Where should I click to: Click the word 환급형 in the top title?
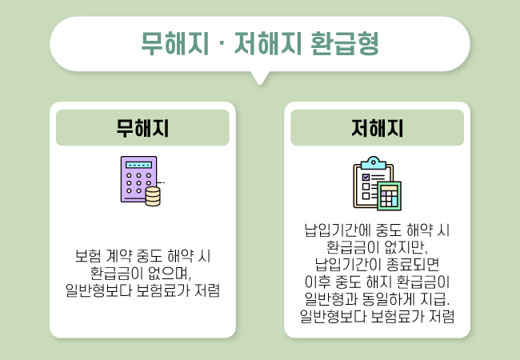345,43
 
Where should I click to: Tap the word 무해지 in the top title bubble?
174,43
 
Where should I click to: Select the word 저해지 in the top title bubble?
268,43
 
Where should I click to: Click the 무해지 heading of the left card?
142,128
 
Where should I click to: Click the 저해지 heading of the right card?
377,128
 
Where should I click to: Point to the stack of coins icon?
153,196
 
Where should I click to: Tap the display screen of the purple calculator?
139,165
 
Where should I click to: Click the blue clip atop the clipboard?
373,163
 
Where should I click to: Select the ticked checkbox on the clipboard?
366,178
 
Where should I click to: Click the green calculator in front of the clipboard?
389,196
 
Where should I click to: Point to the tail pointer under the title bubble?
260,78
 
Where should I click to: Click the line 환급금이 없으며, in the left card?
141,273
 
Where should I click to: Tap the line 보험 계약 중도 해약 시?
142,256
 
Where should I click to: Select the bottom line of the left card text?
142,290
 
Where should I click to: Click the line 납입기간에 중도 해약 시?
377,230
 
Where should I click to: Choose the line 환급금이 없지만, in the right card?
377,247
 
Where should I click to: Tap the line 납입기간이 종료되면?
377,264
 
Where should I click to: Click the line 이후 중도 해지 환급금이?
377,282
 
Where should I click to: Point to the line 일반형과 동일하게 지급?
377,298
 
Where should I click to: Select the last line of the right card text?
377,316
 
